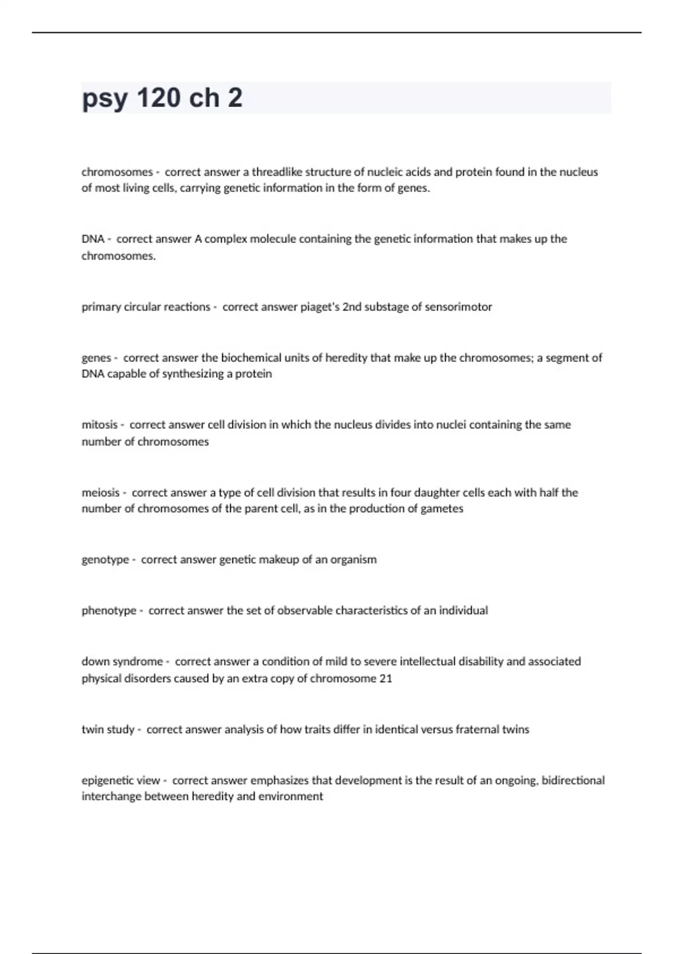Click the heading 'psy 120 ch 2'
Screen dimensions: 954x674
pyautogui.click(x=162, y=98)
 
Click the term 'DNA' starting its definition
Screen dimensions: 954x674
pyautogui.click(x=93, y=239)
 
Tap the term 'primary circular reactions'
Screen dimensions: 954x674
pyautogui.click(x=145, y=307)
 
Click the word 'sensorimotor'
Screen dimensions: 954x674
pyautogui.click(x=458, y=307)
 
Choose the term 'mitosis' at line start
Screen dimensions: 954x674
pyautogui.click(x=99, y=425)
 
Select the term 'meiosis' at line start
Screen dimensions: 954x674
pyautogui.click(x=101, y=493)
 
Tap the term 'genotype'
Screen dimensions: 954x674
pyautogui.click(x=105, y=559)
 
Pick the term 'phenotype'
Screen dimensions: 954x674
pyautogui.click(x=109, y=611)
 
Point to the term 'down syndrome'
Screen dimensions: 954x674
pyautogui.click(x=122, y=662)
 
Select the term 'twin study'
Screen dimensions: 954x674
pyautogui.click(x=108, y=730)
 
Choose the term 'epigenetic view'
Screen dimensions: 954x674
pyautogui.click(x=121, y=781)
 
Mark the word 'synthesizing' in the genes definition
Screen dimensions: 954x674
pyautogui.click(x=193, y=374)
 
